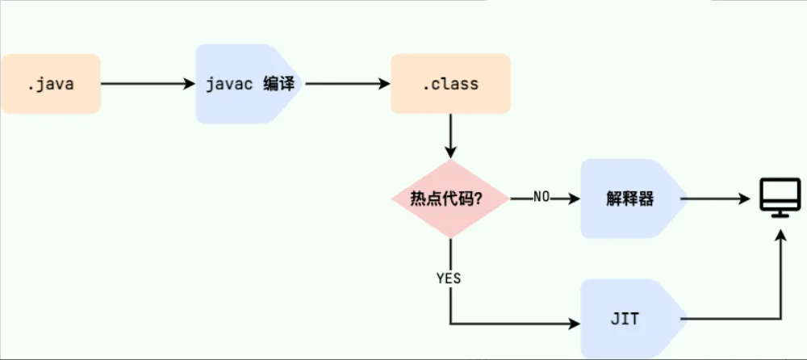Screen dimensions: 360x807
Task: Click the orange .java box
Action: tap(50, 84)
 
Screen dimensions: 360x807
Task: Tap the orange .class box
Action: tap(450, 84)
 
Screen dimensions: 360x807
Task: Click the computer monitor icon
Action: tap(780, 197)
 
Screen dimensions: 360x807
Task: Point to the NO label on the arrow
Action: tap(541, 198)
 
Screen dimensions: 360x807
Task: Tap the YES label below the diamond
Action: tap(449, 278)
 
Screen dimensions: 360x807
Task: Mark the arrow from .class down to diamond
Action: tap(449, 135)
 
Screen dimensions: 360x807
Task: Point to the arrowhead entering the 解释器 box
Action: tap(575, 199)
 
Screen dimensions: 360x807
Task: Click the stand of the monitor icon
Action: tap(780, 211)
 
